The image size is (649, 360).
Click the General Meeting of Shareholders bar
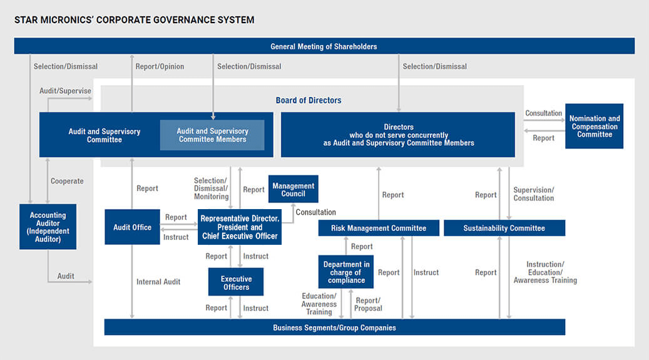[324, 46]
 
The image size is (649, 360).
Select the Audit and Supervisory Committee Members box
[212, 135]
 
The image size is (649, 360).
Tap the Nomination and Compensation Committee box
[595, 126]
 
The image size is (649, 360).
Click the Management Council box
[293, 189]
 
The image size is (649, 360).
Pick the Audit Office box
[132, 227]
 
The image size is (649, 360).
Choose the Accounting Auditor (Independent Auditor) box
[48, 227]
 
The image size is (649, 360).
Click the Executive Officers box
[236, 282]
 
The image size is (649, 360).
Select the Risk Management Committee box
[379, 228]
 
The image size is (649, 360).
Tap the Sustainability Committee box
[504, 228]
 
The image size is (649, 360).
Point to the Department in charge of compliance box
[346, 272]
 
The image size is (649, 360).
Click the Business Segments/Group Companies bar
[334, 327]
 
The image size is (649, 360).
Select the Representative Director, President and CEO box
[240, 227]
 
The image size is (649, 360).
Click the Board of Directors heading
[309, 100]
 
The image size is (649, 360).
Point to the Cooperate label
[67, 181]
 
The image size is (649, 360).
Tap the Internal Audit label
[158, 282]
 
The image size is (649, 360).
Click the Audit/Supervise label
[65, 91]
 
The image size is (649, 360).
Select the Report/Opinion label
[160, 66]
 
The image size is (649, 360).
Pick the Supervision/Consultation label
[533, 194]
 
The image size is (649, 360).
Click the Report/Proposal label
[368, 304]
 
